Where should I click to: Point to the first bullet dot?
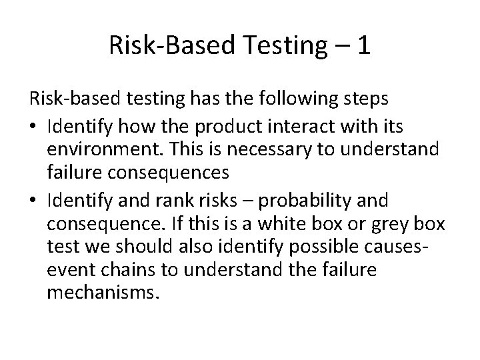click(33, 127)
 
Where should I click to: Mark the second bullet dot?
click(33, 200)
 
